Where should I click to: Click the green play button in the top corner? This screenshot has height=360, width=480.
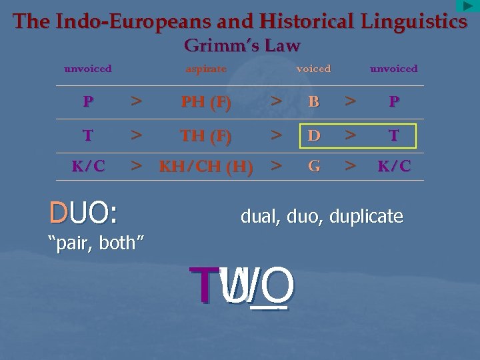point(468,6)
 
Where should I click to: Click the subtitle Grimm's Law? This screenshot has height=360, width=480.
point(242,46)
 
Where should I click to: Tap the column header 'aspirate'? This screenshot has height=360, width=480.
point(206,69)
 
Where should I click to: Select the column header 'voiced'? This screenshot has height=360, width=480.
point(313,69)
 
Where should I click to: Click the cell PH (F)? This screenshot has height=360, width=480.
point(206,102)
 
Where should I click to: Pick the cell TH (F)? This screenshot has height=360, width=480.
point(206,135)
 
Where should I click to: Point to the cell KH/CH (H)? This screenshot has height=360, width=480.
point(206,166)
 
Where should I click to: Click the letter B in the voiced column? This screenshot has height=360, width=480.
point(314,102)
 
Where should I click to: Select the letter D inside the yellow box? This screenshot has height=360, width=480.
point(314,135)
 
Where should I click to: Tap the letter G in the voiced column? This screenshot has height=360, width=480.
point(314,165)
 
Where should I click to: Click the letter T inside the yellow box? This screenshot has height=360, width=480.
point(394,135)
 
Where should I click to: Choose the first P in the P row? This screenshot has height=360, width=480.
point(88,102)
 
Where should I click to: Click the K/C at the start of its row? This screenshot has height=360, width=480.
point(88,166)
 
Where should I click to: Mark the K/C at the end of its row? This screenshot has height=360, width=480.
point(394,166)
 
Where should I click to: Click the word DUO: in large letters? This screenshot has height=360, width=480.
point(83,213)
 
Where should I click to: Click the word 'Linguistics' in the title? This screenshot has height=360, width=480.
point(414,21)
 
